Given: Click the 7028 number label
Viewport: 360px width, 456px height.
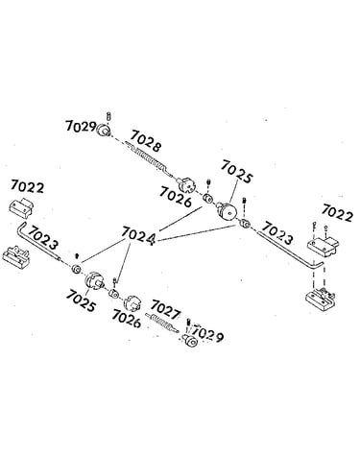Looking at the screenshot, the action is [146, 140].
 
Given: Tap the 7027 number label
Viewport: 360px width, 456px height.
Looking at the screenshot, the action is [165, 309].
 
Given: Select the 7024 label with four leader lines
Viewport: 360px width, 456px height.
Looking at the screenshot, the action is [138, 237].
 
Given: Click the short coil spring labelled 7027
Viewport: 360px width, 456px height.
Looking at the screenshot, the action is [161, 323].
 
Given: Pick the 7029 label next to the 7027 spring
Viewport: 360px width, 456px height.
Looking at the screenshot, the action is [207, 334].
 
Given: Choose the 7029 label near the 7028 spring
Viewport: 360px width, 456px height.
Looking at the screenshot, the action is [81, 127].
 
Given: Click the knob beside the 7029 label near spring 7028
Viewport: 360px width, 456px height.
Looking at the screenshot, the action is [104, 130].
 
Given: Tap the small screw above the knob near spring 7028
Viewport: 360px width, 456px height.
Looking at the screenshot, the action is [108, 116].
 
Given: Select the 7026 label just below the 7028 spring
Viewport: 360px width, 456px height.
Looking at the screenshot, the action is [176, 197].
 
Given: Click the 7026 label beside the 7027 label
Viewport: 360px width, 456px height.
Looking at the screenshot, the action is [126, 319].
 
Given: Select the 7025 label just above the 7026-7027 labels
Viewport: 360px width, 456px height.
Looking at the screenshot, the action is [81, 301].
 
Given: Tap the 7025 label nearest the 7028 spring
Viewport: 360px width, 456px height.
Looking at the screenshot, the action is [237, 172].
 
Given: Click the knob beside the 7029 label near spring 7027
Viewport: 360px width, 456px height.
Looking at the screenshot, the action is [191, 341].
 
